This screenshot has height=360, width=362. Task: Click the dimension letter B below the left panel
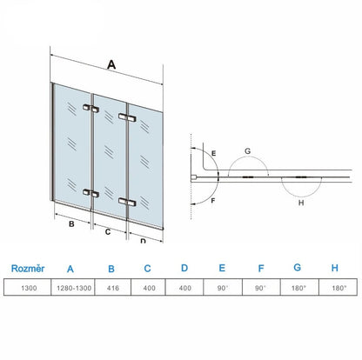click(x=70, y=223)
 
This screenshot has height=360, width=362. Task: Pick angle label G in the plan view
click(x=248, y=151)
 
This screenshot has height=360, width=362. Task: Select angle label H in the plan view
click(x=300, y=204)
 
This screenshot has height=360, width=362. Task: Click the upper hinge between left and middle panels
click(x=90, y=110)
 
